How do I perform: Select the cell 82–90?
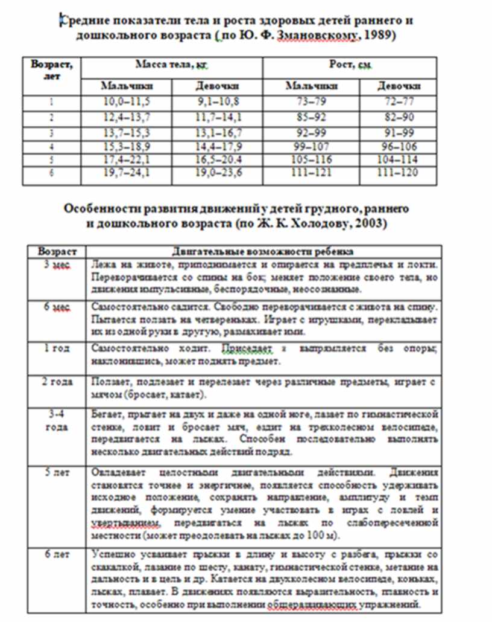(398, 117)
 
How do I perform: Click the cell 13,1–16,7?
(217, 132)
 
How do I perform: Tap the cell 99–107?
(311, 146)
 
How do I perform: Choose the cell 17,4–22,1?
(127, 160)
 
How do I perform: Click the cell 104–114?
(398, 160)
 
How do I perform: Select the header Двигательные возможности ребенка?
(263, 251)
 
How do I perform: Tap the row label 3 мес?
(57, 265)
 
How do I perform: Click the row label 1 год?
(57, 348)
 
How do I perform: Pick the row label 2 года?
(57, 382)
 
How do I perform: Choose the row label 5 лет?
(57, 472)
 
